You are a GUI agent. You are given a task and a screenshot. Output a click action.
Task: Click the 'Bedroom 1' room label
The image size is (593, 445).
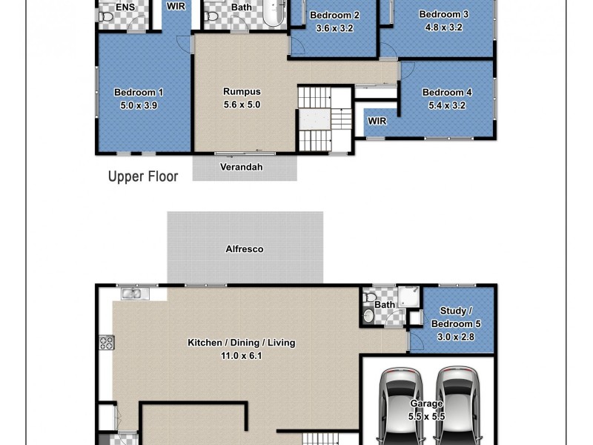pos(139,93)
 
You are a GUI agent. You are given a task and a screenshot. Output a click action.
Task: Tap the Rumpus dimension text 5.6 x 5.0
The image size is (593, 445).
pos(242,105)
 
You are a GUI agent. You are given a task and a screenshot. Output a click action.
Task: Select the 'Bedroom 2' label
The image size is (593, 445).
pos(334,16)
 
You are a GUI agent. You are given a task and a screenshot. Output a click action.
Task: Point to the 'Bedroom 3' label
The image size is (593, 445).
pos(443,14)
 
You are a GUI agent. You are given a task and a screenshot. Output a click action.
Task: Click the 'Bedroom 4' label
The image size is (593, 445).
pos(447,93)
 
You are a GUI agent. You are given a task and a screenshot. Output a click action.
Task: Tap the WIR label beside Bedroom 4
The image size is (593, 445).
pos(377,121)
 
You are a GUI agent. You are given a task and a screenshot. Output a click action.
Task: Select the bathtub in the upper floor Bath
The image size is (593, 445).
pos(274,13)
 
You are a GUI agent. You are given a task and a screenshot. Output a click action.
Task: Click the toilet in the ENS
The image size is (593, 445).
pos(105,15)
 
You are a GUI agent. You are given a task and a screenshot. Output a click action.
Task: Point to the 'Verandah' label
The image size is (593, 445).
pos(241,167)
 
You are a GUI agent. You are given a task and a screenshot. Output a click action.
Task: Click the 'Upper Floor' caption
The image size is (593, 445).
pos(143,177)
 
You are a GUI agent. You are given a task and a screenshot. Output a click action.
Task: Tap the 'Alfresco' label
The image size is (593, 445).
pos(245,249)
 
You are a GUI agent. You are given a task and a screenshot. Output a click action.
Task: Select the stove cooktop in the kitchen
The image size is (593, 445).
pos(106,343)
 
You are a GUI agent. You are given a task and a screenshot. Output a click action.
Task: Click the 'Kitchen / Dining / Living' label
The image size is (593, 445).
pos(241,343)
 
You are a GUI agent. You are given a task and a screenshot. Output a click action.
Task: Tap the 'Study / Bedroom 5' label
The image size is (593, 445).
pos(452,318)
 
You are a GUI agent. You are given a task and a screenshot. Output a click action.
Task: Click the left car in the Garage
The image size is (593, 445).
pos(400,404)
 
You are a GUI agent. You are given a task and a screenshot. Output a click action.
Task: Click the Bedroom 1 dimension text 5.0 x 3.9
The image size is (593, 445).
pos(139,105)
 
